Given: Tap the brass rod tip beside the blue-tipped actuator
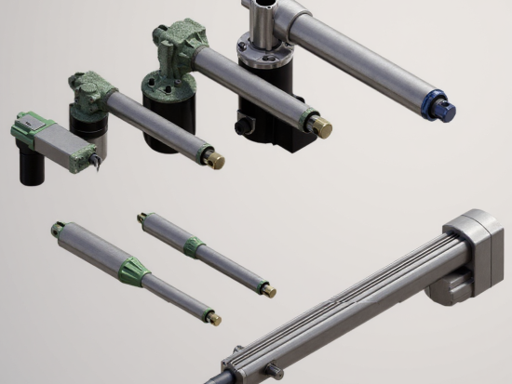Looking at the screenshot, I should click(x=322, y=124).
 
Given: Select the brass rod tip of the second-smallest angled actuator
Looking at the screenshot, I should click(x=215, y=160).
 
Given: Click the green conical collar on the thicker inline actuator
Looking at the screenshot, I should click(x=132, y=270).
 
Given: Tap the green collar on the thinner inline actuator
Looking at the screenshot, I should click(x=194, y=246).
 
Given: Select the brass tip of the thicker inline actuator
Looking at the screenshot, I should click(x=214, y=319).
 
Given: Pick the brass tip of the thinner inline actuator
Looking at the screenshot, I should click(x=269, y=291).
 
